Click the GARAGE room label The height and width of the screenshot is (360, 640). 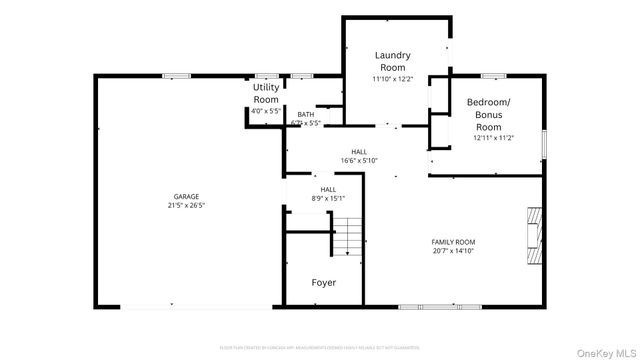[186, 196]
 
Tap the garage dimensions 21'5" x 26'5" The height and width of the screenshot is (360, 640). [186, 205]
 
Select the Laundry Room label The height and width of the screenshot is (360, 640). [392, 61]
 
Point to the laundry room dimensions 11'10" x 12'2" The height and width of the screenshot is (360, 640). [392, 78]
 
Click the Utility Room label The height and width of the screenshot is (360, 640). [266, 94]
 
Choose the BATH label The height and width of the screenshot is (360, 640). [305, 115]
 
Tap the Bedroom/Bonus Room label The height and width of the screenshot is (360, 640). [488, 115]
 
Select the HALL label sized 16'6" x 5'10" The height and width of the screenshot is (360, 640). [358, 151]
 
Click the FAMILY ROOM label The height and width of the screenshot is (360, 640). [453, 242]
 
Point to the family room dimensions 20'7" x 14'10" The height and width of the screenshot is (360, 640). [453, 251]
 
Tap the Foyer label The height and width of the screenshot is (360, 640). [323, 283]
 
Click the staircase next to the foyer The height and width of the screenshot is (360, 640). [347, 238]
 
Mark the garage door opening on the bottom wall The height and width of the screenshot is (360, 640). [187, 307]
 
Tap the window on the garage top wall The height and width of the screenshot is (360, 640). [177, 75]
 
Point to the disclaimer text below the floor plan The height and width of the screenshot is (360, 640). [320, 347]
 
